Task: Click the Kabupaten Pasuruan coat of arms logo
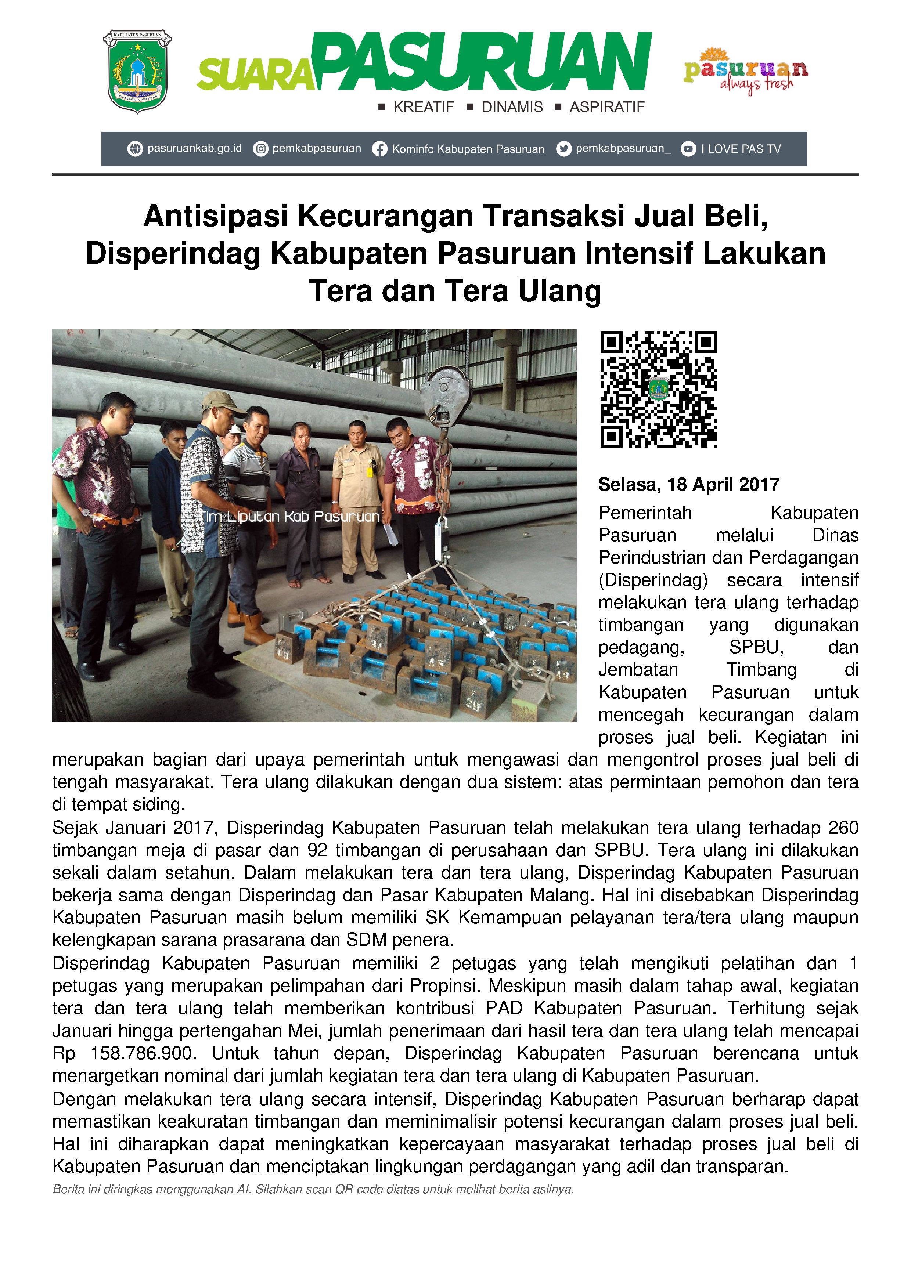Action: [137, 71]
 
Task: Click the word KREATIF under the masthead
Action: [423, 107]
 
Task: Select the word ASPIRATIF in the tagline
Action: [607, 107]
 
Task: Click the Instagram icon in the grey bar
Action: [260, 149]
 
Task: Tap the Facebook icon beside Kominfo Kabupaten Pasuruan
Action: [379, 149]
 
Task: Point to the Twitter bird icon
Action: [563, 149]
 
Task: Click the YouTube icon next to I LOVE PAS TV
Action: [688, 149]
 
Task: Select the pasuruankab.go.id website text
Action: [194, 149]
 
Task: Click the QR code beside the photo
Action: [658, 389]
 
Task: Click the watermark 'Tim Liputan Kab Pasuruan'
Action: [291, 516]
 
